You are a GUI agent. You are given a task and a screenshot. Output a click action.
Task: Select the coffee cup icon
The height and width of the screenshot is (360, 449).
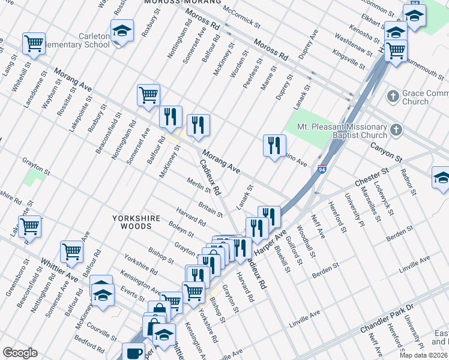coord(133,352)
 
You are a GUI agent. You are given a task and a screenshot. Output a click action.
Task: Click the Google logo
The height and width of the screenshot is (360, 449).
coord(20,353)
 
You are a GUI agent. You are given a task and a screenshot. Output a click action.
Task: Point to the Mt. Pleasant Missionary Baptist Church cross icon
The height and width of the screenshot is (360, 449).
coord(396,130)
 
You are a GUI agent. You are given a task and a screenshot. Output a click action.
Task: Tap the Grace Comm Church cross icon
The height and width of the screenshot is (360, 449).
coord(393,96)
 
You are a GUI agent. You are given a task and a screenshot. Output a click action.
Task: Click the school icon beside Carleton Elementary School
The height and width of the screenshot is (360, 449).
coord(122,31)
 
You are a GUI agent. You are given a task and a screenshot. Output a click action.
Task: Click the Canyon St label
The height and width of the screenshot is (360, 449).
coord(385,151)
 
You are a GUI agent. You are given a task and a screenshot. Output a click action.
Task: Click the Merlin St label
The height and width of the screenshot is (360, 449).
coord(198,186)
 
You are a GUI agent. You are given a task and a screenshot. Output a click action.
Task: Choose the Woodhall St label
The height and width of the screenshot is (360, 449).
coord(307,241)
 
